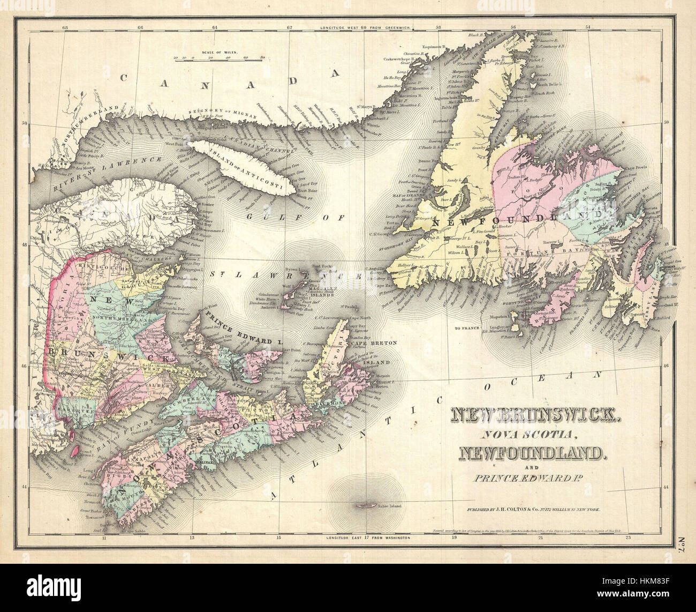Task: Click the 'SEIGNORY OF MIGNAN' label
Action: click(214, 111)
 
